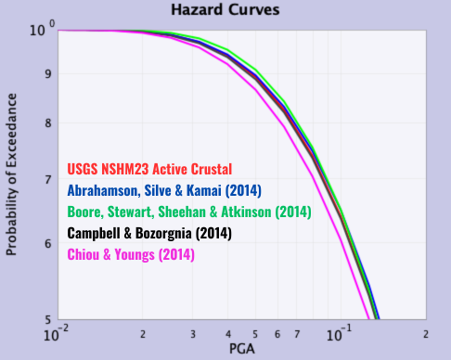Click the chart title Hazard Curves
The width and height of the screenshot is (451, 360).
point(225,10)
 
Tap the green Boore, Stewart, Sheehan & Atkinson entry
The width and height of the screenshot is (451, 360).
point(189,212)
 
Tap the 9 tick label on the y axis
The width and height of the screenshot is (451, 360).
point(48,74)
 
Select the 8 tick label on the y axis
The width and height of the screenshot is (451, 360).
point(48,123)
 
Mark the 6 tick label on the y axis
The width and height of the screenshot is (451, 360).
point(48,244)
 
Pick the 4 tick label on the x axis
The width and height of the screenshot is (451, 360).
point(227,333)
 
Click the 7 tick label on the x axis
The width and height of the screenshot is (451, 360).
point(296,333)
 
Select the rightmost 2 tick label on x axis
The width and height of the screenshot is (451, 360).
point(426,333)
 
